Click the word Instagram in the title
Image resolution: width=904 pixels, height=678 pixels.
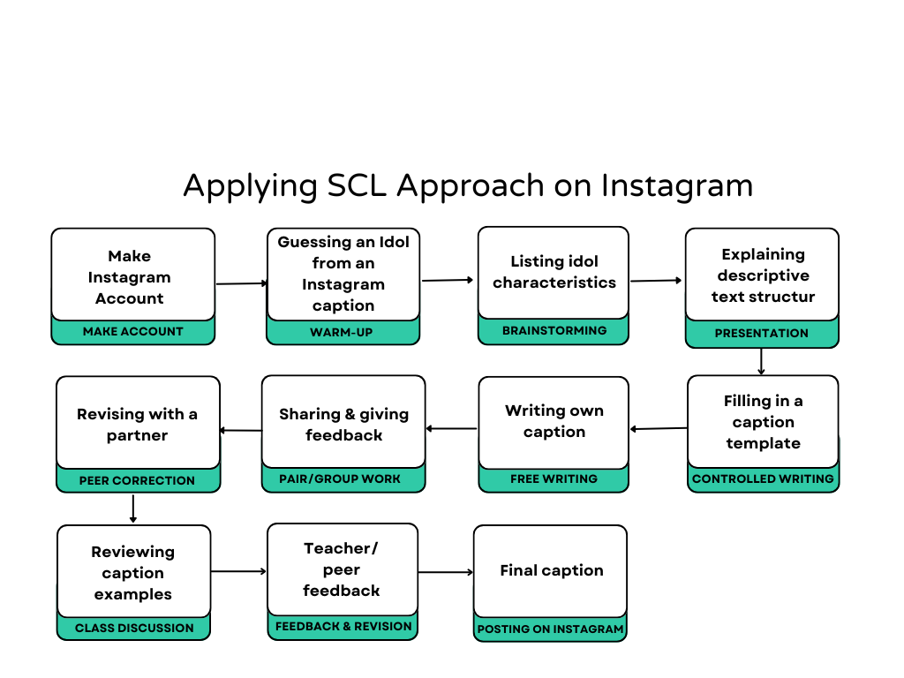coord(677,186)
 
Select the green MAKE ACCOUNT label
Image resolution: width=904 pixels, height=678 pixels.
coord(133,332)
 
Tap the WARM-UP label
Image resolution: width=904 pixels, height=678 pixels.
coord(343,333)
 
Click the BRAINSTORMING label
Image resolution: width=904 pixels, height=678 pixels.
coord(554,331)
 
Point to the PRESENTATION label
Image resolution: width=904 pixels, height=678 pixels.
coord(761,334)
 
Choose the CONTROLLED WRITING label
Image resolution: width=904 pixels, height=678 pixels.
coord(763,479)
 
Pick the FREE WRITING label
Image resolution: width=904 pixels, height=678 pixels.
coord(554,479)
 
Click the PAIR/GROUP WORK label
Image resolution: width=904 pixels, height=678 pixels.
coord(343,479)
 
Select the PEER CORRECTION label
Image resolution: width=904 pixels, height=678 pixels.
coord(137,481)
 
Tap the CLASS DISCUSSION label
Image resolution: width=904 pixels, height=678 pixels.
coord(134,629)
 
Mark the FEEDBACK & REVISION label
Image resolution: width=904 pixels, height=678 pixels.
coord(343,627)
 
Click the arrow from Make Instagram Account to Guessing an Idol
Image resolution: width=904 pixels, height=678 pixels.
coord(241,283)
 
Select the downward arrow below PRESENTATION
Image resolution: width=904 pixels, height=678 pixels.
coord(761,362)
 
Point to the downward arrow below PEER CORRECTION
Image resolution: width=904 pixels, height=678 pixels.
coord(133,509)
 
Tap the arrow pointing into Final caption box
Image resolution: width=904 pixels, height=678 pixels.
coord(446,572)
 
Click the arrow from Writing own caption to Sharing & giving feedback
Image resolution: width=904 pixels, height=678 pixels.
coord(452,429)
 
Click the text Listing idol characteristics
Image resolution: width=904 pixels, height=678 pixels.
coord(554,272)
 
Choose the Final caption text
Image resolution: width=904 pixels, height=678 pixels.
coord(551,570)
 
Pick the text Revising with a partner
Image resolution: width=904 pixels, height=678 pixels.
coord(137,425)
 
